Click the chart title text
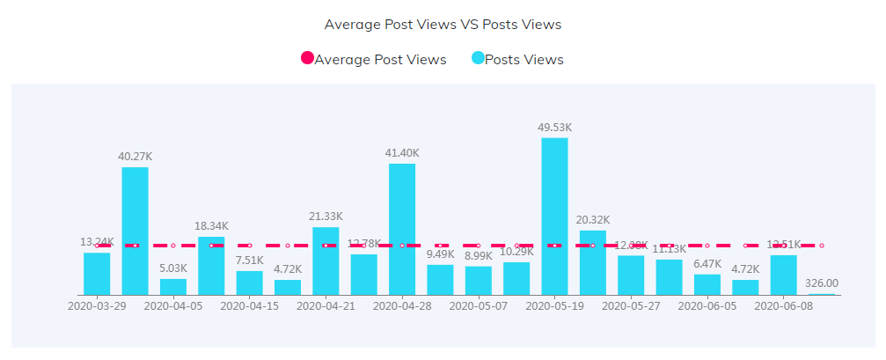443,25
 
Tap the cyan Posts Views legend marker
478,59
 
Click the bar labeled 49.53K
554,217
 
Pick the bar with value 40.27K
135,231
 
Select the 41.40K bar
402,229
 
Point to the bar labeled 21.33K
326,261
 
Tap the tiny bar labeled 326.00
822,294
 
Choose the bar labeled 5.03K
173,287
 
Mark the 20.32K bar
593,262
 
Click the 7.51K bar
250,283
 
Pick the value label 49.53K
554,128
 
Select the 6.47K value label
707,264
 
